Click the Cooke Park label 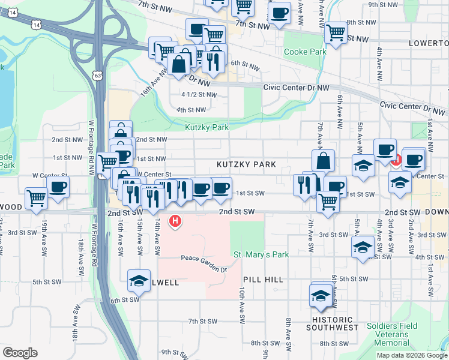coord(305,52)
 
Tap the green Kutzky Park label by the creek coord(207,127)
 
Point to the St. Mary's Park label coord(261,254)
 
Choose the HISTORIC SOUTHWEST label coord(333,323)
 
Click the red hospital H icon coord(175,221)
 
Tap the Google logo coord(20,352)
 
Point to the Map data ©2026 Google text coord(411,355)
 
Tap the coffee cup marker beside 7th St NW coord(279,13)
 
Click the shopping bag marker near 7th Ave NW coord(323,160)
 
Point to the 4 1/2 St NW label coord(199,94)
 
